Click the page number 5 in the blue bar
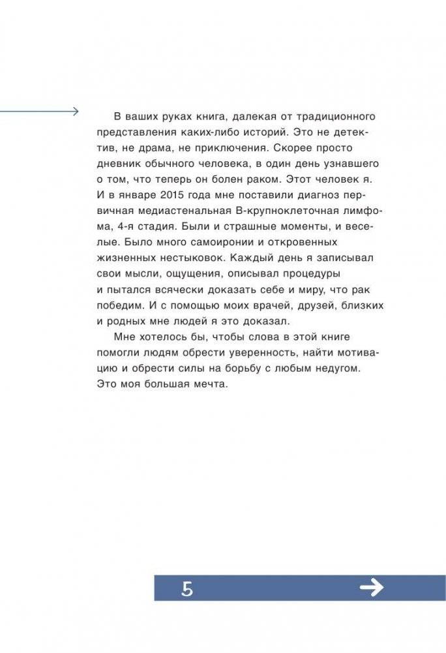(x=188, y=590)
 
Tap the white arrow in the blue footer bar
(x=372, y=588)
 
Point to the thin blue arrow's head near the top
(x=75, y=112)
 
